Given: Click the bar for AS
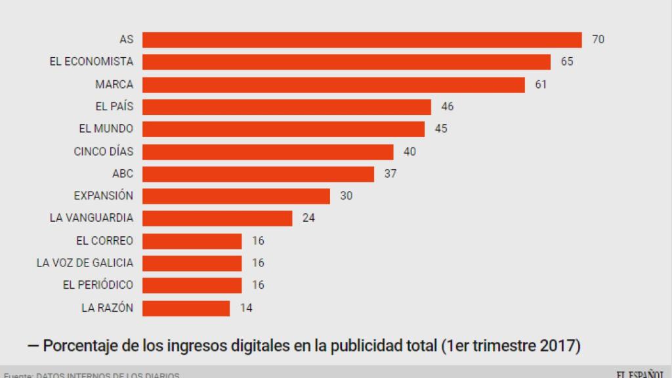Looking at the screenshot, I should click(x=362, y=39).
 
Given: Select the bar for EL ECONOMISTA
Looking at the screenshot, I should click(x=346, y=62).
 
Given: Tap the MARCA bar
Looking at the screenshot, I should click(x=333, y=85).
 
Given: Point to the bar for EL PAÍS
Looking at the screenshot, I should click(x=286, y=106).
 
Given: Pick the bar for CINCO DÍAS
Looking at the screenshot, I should click(x=268, y=152).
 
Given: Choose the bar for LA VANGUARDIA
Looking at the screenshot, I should click(x=217, y=218).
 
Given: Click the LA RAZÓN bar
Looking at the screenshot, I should click(x=186, y=308).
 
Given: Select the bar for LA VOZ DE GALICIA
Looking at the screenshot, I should click(x=192, y=262).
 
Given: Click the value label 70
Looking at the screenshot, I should click(x=598, y=39).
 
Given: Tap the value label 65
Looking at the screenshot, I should click(x=567, y=62).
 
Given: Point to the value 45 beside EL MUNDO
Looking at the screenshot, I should click(x=441, y=129).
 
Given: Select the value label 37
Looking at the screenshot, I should click(x=390, y=174).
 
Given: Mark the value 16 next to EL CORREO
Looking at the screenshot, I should click(x=258, y=241).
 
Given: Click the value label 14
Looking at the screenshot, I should click(x=246, y=308).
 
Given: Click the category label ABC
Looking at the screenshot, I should click(x=123, y=174).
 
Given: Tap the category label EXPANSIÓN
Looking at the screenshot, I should click(x=103, y=196).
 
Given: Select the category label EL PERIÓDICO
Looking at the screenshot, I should click(x=98, y=285).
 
